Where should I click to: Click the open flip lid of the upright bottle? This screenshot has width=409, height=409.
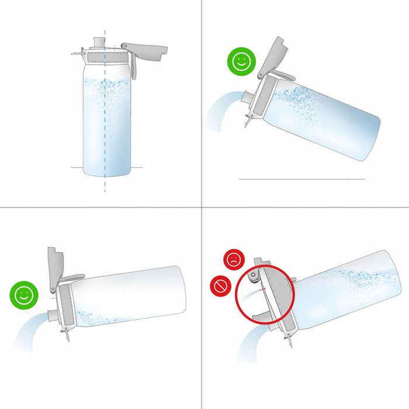click(x=145, y=46)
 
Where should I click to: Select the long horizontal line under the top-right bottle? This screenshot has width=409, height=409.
click(x=302, y=179)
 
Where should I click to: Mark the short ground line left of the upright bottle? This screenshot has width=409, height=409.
click(x=77, y=168)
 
